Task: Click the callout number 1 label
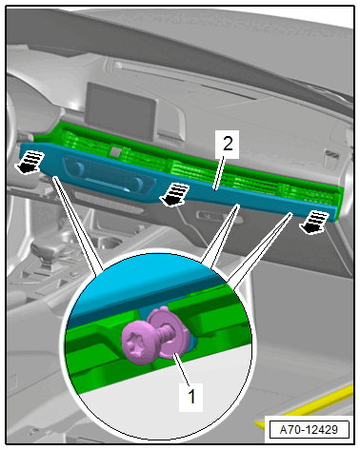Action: tap(190, 397)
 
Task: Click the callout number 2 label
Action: tap(227, 145)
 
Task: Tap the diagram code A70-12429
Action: tap(309, 430)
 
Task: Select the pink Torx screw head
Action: tap(136, 345)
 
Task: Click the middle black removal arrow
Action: tap(175, 195)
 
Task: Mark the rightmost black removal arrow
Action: tap(314, 223)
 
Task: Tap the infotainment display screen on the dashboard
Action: tap(121, 110)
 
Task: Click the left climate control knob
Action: tap(77, 169)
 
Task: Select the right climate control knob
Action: tap(136, 184)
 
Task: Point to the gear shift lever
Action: tap(47, 255)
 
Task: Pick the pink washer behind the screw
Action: tap(172, 335)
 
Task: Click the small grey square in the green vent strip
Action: tap(115, 151)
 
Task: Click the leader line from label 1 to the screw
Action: tap(182, 368)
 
